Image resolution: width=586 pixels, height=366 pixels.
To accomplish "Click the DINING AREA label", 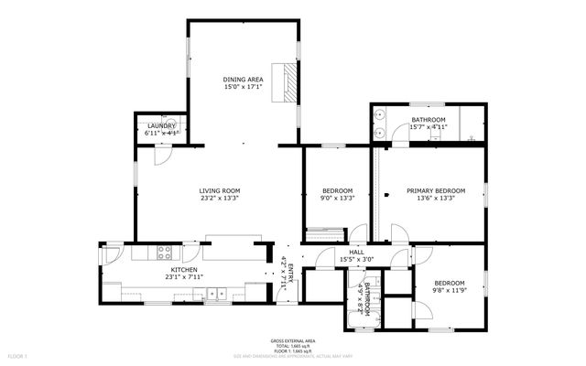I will (x=243, y=81).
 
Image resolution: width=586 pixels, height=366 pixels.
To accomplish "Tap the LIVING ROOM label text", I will (x=220, y=190).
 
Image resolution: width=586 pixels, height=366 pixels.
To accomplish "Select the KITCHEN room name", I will (x=183, y=270).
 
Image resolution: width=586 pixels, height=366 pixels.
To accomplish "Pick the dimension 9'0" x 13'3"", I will (x=337, y=199).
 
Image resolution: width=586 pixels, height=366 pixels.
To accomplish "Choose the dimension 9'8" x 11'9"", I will (x=449, y=290).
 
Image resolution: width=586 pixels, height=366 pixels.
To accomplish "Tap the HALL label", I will (x=356, y=253).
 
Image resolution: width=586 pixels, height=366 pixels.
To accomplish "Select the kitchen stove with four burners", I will (x=166, y=253).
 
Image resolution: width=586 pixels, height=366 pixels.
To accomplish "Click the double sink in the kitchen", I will (x=217, y=294).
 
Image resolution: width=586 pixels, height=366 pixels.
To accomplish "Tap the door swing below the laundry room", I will (x=161, y=153).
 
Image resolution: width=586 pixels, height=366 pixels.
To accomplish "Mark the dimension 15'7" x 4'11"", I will (x=428, y=128).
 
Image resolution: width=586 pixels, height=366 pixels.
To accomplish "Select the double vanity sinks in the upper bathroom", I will (x=380, y=125).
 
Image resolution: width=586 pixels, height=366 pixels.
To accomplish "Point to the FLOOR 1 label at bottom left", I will (x=18, y=354).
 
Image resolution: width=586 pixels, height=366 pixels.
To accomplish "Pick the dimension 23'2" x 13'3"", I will (x=220, y=199).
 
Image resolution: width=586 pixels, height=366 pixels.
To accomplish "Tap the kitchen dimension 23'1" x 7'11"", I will (x=183, y=277).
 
